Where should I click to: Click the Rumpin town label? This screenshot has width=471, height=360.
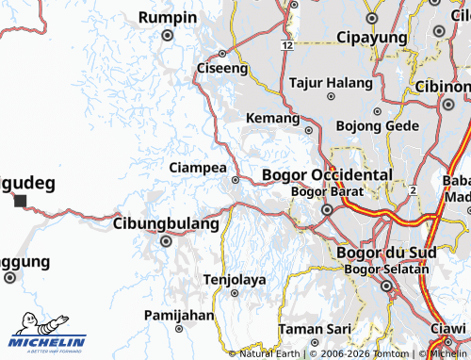point(168,18)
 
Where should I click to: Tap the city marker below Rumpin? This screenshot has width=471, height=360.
point(168,36)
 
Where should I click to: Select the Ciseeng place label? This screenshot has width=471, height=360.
point(222,68)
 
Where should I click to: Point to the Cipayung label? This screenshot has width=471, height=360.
point(372,38)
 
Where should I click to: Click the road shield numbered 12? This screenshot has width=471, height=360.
point(285,45)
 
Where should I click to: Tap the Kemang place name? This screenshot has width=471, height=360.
point(272,118)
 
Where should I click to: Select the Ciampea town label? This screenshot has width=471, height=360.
point(197,167)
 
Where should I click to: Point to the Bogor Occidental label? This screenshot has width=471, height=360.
point(326,175)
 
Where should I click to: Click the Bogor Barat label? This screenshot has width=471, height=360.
point(321,191)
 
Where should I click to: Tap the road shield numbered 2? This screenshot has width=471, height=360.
point(413,190)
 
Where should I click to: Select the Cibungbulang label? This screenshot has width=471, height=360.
point(166,223)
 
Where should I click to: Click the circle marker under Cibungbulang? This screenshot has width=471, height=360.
point(167,241)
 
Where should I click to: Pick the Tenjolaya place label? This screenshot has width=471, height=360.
point(235,279)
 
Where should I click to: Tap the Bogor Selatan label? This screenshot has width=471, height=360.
point(386,270)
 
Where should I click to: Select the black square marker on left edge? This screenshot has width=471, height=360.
point(20,201)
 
